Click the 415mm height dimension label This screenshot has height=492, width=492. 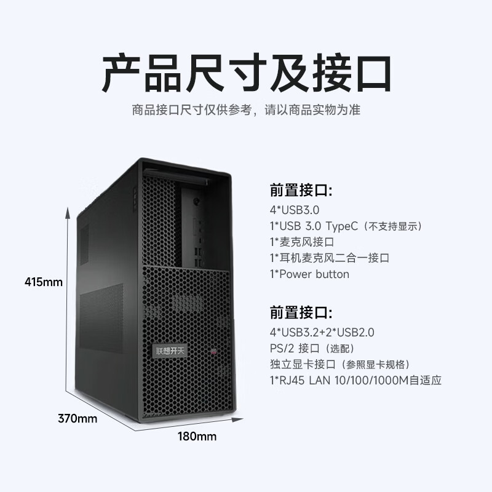coord(44,282)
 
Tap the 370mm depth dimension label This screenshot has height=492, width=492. coord(77,418)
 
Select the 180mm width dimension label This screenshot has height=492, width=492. coord(197,436)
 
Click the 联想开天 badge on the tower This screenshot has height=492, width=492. coord(170,351)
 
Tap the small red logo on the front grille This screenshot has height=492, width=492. coord(214,351)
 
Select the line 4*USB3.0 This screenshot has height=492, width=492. coord(295,210)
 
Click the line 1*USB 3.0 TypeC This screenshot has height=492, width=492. coord(346,226)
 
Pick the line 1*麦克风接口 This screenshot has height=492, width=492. coord(302,242)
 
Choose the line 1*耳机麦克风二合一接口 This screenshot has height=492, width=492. coord(330,258)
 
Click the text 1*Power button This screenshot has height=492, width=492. coord(309,274)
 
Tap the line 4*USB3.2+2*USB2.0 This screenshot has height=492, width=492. coord(322,332)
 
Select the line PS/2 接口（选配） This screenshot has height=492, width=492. coord(312,348)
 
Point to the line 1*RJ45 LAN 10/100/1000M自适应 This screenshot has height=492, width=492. coord(355,380)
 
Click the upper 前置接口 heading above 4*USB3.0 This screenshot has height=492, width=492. coord(301,191)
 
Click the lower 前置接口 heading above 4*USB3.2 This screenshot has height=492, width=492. coord(301,313)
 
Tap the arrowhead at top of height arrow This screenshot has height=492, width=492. coord(68,212)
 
